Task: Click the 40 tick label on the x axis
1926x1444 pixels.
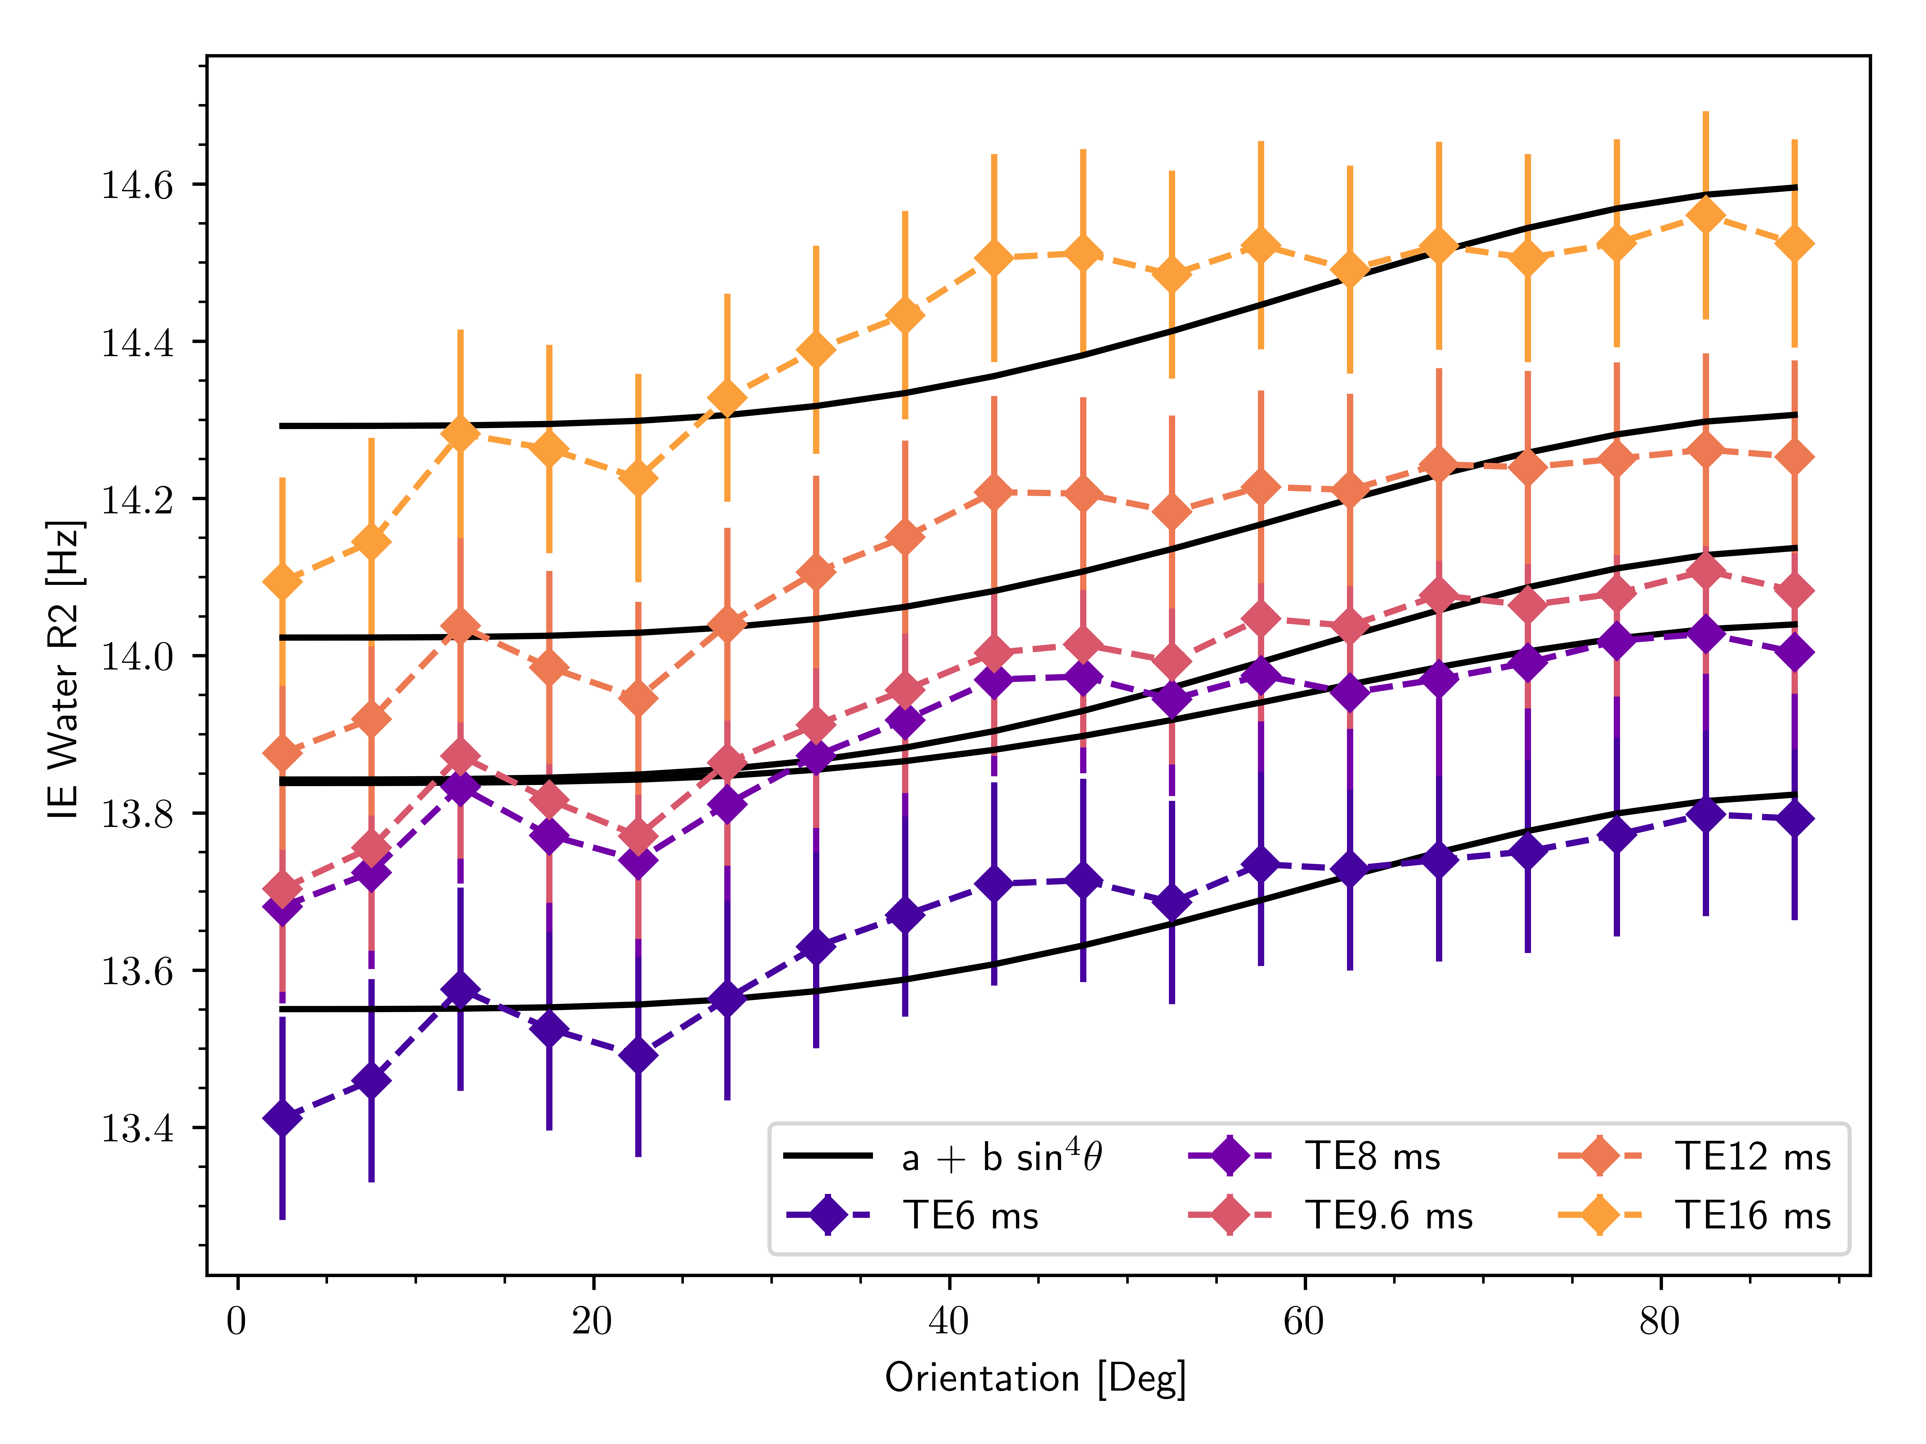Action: [x=948, y=1321]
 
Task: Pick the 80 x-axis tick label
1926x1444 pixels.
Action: [x=1660, y=1321]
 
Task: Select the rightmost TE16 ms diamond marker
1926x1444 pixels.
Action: [x=1795, y=245]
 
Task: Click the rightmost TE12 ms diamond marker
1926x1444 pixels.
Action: [x=1795, y=457]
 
